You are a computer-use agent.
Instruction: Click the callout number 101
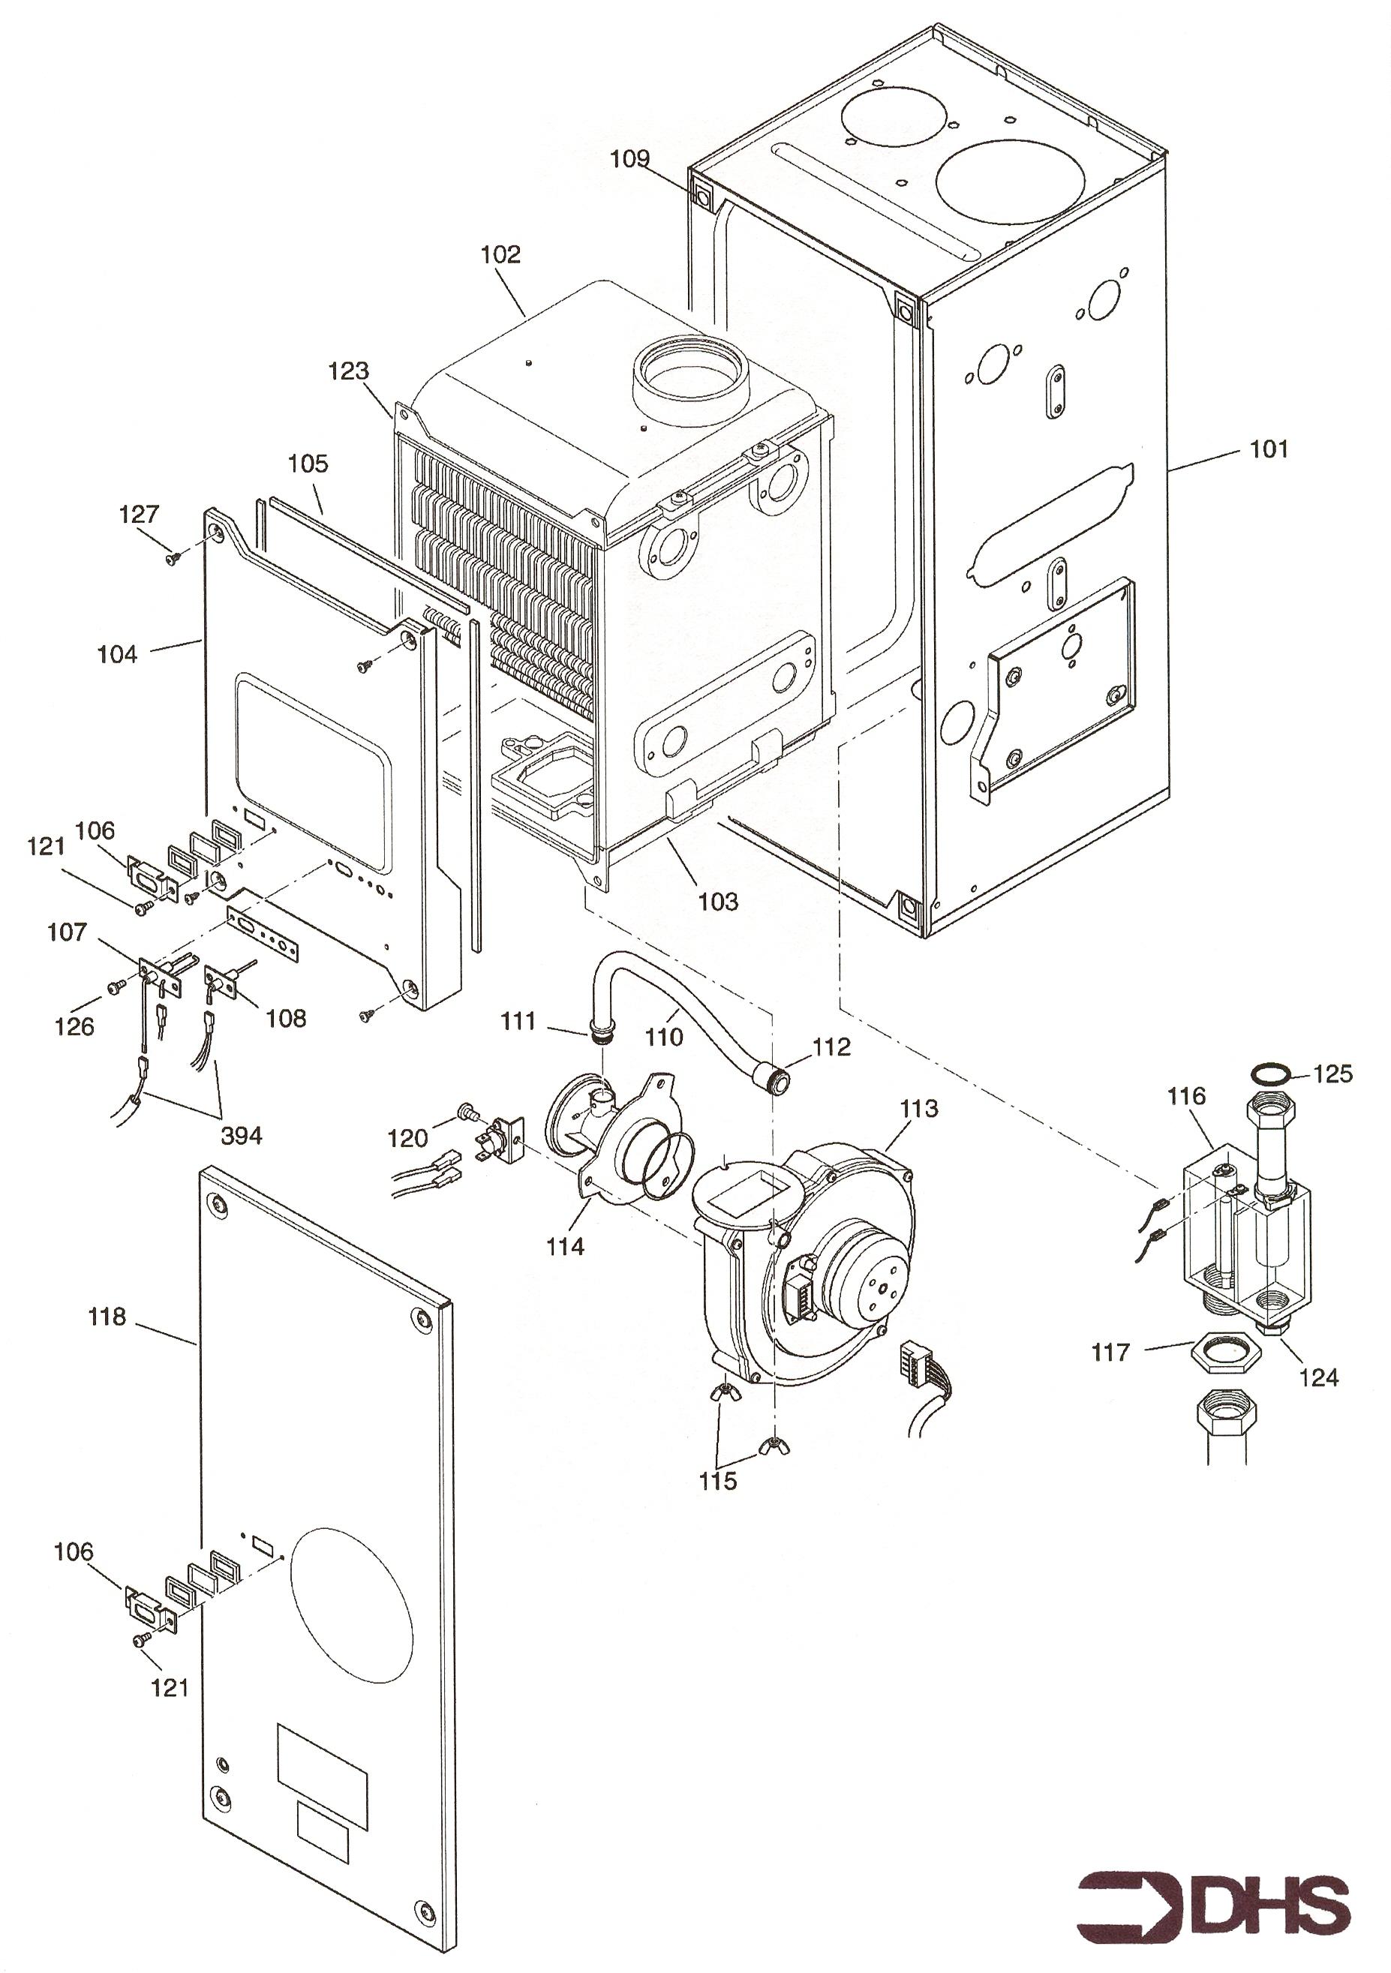click(1269, 449)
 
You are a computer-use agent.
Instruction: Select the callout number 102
click(501, 254)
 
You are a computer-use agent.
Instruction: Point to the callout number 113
click(919, 1109)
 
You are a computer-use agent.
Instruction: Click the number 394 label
click(242, 1135)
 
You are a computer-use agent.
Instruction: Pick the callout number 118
click(107, 1317)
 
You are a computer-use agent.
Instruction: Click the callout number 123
click(349, 371)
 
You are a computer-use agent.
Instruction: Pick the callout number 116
click(1185, 1097)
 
